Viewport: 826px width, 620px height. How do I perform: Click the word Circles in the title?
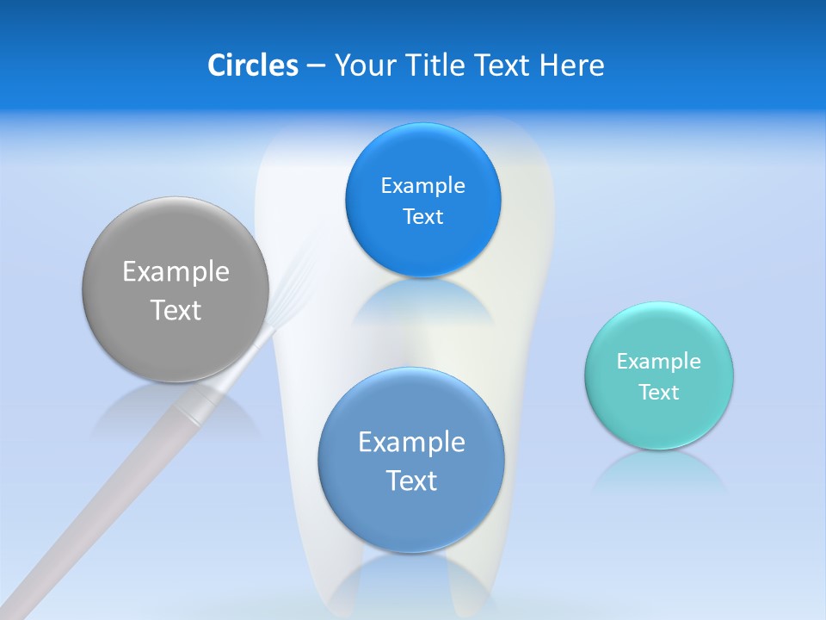(x=253, y=65)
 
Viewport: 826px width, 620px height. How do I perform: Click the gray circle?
(x=176, y=289)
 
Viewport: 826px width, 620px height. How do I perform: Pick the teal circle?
(x=659, y=375)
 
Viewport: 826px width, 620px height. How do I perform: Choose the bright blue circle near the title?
(x=422, y=200)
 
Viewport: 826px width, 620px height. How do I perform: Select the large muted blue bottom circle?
(x=411, y=460)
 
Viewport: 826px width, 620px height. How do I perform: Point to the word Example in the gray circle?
(x=176, y=272)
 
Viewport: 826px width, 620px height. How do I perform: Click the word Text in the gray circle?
(x=176, y=310)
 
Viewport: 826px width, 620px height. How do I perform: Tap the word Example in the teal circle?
(x=659, y=361)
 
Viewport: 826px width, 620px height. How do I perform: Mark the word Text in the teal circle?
(x=659, y=393)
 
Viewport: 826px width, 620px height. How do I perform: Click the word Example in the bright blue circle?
(x=422, y=186)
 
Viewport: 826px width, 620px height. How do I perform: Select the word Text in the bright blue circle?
(x=422, y=217)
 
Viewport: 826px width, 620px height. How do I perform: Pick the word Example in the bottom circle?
(x=411, y=443)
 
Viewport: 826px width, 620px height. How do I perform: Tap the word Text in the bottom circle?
(x=411, y=480)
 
